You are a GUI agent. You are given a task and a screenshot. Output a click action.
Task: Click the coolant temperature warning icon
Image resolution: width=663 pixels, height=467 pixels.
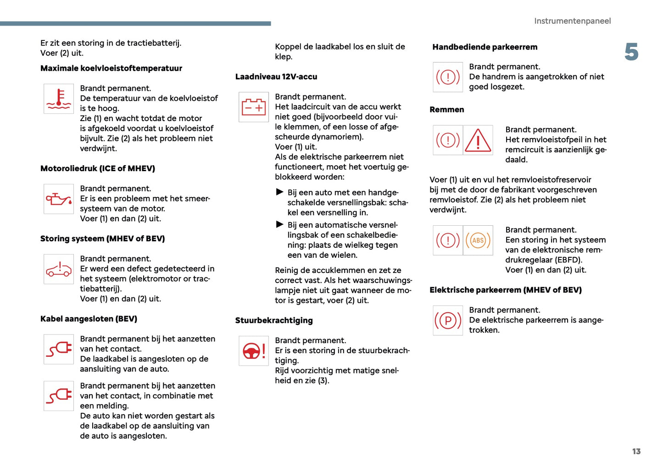(x=59, y=99)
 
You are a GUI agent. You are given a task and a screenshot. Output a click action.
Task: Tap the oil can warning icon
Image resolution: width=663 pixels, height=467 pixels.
(x=59, y=199)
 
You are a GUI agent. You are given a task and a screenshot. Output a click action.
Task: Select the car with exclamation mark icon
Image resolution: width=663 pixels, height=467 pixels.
(x=59, y=269)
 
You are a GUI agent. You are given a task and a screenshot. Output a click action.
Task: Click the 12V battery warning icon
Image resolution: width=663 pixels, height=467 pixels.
(x=254, y=107)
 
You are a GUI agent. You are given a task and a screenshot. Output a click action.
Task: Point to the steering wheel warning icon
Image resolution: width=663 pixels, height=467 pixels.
(x=254, y=351)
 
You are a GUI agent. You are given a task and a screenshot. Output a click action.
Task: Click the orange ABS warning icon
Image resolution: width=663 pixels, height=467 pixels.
(x=478, y=240)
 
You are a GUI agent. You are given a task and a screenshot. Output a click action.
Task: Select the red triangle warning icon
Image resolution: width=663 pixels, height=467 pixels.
(x=478, y=140)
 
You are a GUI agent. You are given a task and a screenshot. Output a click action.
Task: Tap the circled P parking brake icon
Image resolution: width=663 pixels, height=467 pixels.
(x=448, y=321)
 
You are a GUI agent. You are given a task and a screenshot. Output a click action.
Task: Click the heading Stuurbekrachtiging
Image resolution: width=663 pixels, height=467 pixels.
(x=274, y=321)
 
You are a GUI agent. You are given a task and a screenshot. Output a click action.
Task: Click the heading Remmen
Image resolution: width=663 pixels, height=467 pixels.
(x=446, y=110)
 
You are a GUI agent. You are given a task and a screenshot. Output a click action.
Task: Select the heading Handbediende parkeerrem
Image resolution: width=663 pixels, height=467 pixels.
(x=485, y=47)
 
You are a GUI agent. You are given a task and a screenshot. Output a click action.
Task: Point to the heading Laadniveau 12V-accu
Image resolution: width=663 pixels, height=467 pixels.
(x=276, y=77)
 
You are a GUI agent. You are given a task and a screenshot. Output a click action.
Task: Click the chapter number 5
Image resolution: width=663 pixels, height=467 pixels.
(x=631, y=52)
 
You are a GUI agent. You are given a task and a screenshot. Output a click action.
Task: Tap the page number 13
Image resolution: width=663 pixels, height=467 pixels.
(x=636, y=451)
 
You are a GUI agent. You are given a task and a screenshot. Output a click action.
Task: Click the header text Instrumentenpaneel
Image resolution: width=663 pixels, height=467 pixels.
(x=572, y=21)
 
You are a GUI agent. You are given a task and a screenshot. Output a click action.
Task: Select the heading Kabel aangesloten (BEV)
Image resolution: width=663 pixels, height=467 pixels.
(x=89, y=319)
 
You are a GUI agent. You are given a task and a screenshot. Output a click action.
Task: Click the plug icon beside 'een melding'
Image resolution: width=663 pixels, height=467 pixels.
(x=59, y=396)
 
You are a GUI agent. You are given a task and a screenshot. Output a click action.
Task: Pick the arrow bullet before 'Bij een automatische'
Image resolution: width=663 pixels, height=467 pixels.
(x=279, y=224)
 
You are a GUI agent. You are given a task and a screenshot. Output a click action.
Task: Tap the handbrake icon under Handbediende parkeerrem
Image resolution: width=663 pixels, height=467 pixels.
(x=448, y=77)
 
